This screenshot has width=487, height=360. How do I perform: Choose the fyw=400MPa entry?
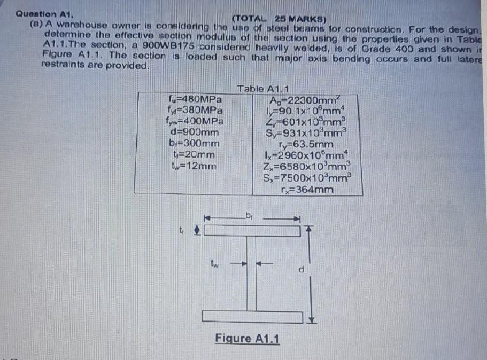tap(195, 121)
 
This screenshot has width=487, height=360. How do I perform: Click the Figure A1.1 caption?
tap(248, 338)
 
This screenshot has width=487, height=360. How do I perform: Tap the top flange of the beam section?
tap(252, 230)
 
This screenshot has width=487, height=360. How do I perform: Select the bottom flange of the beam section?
tap(252, 316)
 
